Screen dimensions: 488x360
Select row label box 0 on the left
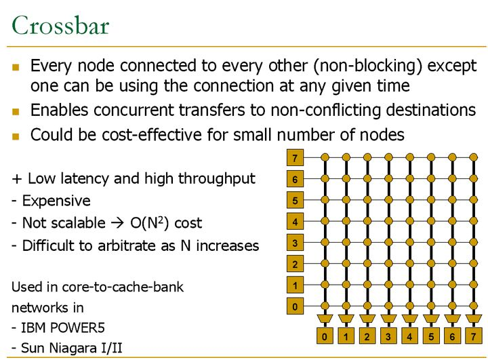pos(295,307)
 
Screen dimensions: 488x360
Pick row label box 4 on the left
pos(295,222)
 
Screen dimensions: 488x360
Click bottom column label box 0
pos(325,336)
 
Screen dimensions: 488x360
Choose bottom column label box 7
pos(473,336)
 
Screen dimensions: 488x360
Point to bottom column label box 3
pos(388,336)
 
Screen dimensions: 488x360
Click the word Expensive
pos(56,201)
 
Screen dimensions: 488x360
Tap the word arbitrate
pos(126,245)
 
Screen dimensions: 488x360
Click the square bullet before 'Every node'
pos(17,67)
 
